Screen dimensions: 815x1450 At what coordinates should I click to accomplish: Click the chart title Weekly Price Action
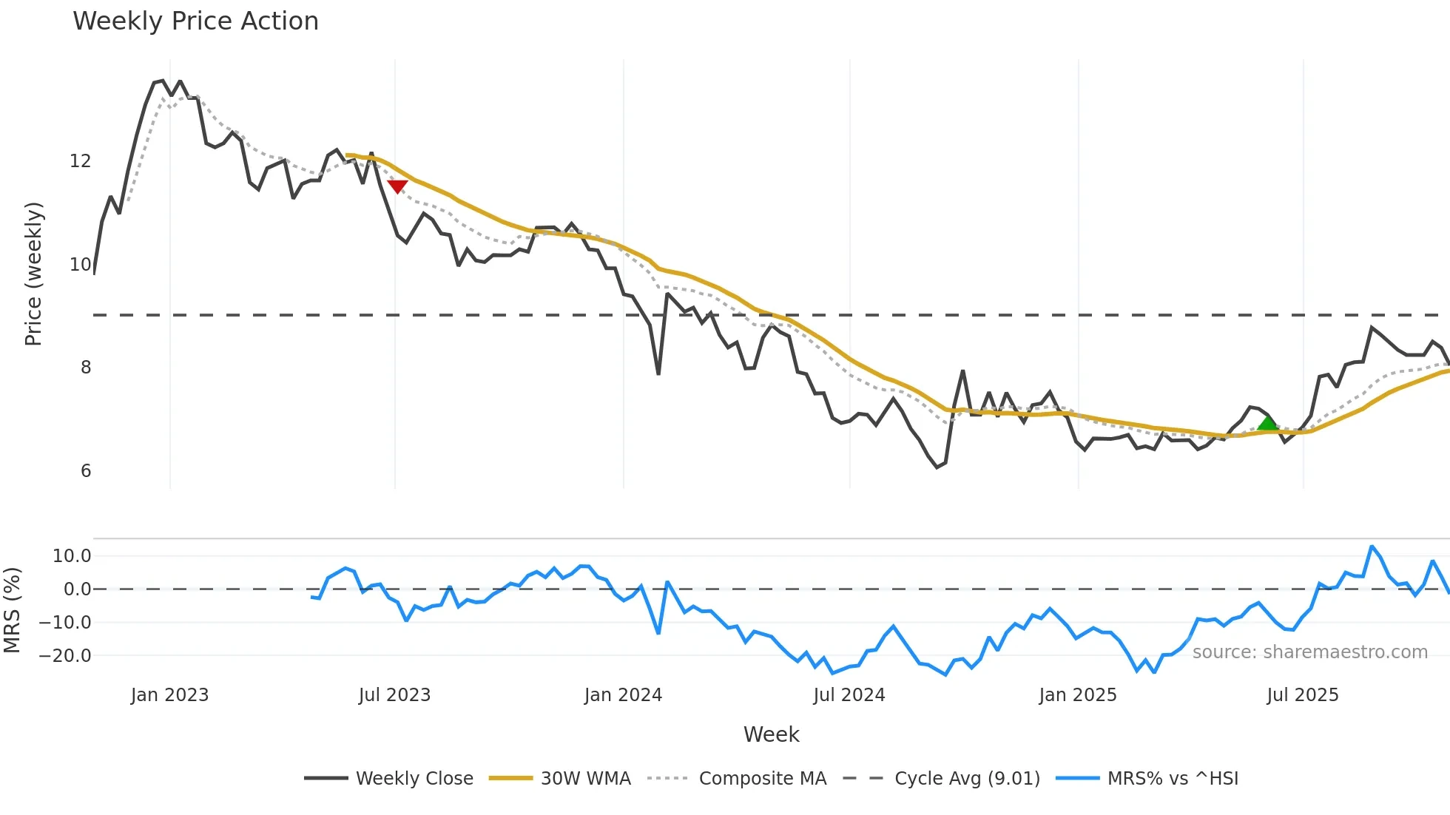tap(195, 21)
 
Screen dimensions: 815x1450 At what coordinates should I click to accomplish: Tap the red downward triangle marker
tap(397, 186)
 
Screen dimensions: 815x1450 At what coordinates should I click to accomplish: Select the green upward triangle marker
tap(1267, 424)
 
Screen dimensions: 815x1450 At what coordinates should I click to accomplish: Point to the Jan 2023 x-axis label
tap(169, 695)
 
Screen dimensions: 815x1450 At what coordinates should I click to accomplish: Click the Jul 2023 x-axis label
tap(394, 695)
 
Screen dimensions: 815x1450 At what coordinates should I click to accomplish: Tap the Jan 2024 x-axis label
tap(623, 695)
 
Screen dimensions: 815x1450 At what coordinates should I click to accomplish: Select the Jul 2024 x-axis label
tap(849, 695)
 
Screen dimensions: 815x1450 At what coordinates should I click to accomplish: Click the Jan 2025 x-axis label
tap(1078, 695)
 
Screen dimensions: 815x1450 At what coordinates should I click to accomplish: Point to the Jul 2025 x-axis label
tap(1303, 695)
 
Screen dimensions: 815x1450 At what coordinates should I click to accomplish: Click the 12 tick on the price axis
tap(80, 161)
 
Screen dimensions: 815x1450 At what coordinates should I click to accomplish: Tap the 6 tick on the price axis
tap(86, 471)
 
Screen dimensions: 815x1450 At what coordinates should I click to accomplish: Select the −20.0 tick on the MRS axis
tap(65, 656)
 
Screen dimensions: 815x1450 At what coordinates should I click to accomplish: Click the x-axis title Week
tap(771, 734)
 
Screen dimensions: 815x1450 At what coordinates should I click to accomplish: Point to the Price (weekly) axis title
tap(33, 274)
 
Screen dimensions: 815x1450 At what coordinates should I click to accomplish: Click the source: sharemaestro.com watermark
tap(1309, 652)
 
